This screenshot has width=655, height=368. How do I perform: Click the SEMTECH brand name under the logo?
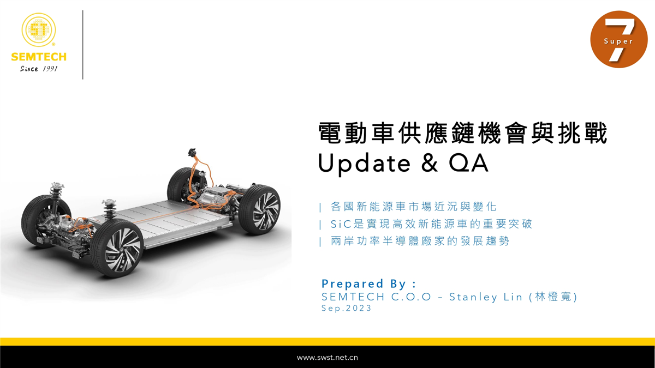[x=39, y=57]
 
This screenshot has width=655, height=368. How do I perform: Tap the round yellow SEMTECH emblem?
[x=39, y=29]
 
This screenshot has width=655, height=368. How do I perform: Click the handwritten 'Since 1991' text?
[x=39, y=69]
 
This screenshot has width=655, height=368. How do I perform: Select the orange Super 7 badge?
[x=619, y=39]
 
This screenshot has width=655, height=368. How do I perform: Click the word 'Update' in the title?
[x=365, y=164]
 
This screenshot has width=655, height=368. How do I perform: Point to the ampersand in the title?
[x=430, y=163]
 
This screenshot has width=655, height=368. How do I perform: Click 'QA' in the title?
[x=468, y=163]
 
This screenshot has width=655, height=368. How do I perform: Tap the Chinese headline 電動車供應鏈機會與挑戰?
[x=463, y=133]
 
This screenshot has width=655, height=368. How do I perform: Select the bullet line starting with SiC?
[x=431, y=224]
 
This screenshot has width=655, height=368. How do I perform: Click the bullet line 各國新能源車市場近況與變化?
[x=414, y=207]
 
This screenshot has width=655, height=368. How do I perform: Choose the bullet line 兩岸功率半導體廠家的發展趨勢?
[x=420, y=241]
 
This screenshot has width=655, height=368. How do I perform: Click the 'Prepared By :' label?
[x=368, y=283]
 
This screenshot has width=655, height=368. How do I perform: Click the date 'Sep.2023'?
[x=346, y=308]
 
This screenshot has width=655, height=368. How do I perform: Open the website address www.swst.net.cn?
[x=327, y=358]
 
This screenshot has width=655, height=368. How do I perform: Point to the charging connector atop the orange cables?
[x=192, y=152]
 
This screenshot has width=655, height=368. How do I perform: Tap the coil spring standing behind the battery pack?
[x=109, y=209]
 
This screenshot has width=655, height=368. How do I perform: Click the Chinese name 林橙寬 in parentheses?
[x=553, y=297]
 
